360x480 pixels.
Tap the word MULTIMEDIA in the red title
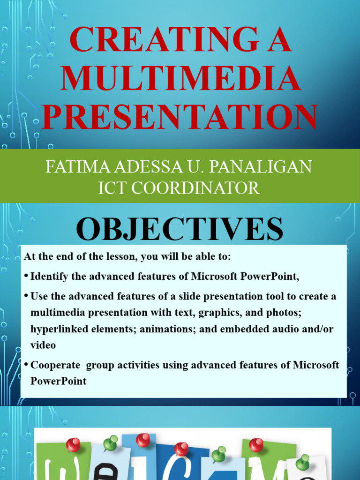coord(180,78)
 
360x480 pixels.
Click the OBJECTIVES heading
coord(180,229)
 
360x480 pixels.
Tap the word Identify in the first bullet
coord(50,277)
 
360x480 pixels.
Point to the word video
coord(43,345)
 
